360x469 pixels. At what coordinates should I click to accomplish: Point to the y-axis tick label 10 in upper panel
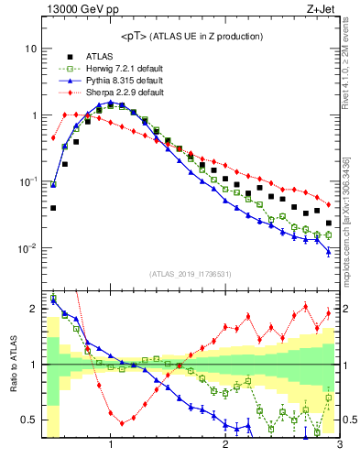tap(30, 48)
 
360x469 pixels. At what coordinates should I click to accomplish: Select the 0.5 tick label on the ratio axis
tap(28, 420)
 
